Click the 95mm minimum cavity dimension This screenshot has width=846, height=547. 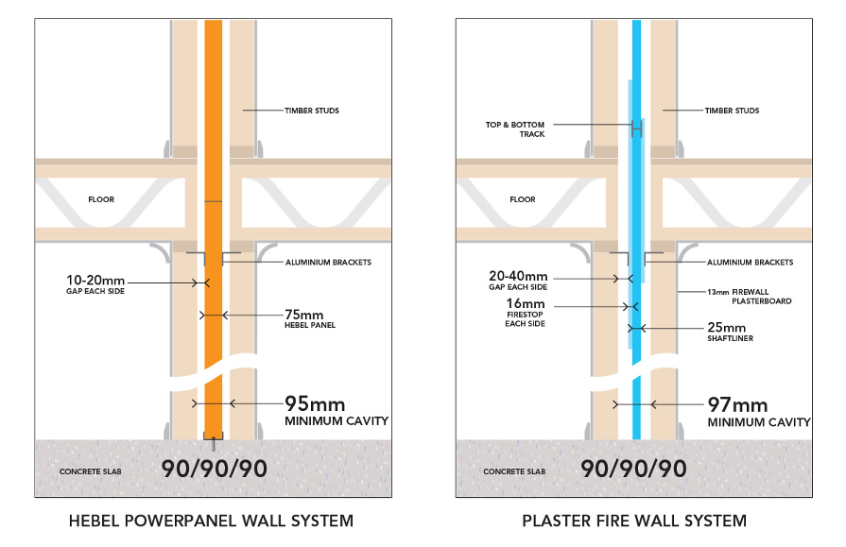tap(337, 411)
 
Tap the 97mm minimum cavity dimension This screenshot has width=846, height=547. tap(759, 412)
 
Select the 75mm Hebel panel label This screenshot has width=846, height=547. tap(310, 318)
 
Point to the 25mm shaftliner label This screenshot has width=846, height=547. tap(730, 332)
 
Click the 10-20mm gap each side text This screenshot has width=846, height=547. tap(95, 284)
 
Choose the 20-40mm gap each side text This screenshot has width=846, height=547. tap(518, 281)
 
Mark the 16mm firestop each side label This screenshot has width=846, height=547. tap(525, 313)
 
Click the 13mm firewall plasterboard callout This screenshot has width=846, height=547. tap(750, 296)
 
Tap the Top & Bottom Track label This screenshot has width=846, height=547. tap(515, 129)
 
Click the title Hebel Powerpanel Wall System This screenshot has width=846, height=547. tap(211, 521)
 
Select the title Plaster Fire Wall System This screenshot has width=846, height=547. tap(634, 521)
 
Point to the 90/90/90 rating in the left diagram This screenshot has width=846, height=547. tap(215, 469)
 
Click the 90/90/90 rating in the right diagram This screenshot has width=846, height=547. tap(633, 469)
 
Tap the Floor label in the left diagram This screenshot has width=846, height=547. tap(101, 199)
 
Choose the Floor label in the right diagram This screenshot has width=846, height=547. tap(523, 199)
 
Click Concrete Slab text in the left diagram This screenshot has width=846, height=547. tap(91, 471)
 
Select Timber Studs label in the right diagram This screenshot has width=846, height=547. tap(733, 111)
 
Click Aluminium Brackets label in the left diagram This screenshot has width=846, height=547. tap(329, 263)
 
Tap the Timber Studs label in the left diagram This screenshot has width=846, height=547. tap(312, 111)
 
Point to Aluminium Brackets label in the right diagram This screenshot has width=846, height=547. tap(751, 263)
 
